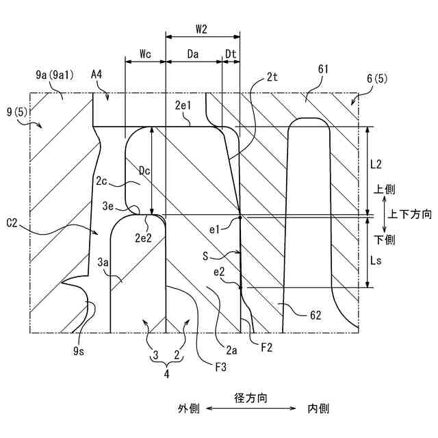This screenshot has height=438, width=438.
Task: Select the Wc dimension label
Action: pos(144,53)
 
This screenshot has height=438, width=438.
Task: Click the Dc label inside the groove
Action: pos(142,169)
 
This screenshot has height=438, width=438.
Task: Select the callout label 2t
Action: pos(272,78)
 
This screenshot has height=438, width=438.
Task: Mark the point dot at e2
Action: pos(240,288)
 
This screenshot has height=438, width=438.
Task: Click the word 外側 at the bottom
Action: pos(189,409)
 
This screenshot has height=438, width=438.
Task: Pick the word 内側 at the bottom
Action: pos(318,409)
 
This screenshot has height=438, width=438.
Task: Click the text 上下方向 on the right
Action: pos(410,214)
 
